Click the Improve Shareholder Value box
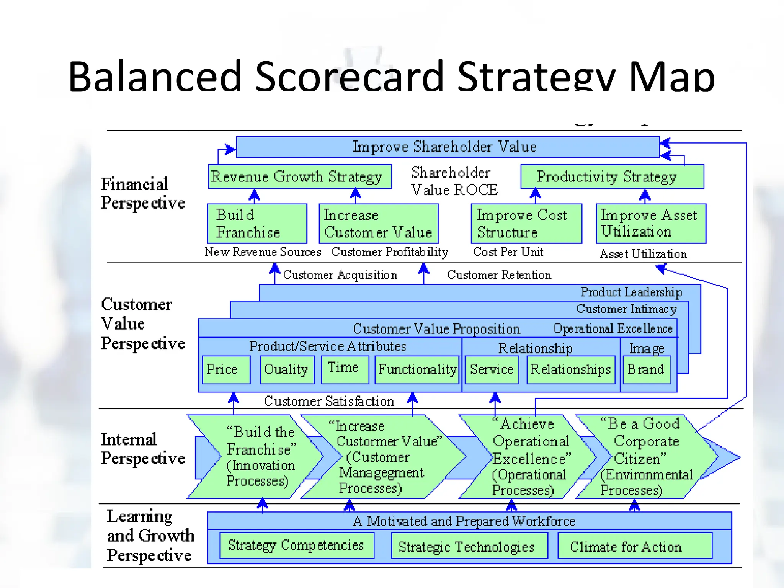(x=447, y=147)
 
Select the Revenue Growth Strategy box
(x=300, y=176)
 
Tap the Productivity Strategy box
(x=612, y=176)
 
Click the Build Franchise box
(x=257, y=224)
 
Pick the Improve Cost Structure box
(x=526, y=224)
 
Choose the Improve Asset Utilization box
(x=651, y=224)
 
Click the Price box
(x=226, y=369)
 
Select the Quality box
(x=287, y=369)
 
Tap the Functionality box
(x=417, y=369)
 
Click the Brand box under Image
(x=647, y=369)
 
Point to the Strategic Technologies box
(x=469, y=546)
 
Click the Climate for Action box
(x=635, y=546)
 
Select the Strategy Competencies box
(x=297, y=545)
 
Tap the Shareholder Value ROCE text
(x=454, y=181)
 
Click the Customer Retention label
(x=499, y=275)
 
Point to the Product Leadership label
(x=631, y=292)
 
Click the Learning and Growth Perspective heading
(x=149, y=536)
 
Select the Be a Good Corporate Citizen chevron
(x=645, y=457)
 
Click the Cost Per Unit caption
(x=508, y=252)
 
